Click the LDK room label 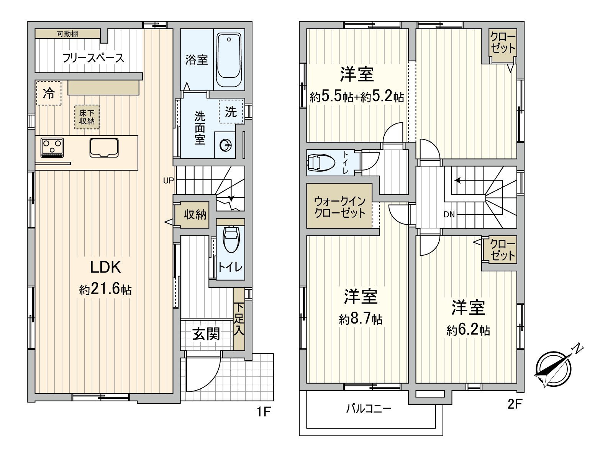tap(105, 267)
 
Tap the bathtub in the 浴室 tap(229, 59)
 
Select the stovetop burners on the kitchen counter tap(52, 148)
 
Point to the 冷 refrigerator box tap(48, 93)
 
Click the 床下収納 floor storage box tap(87, 117)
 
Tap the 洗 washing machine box tap(231, 112)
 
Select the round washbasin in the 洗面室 tap(226, 145)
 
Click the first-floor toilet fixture tap(231, 240)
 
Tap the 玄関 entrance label tap(207, 334)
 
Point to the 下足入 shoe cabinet tap(239, 319)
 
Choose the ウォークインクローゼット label tap(339, 207)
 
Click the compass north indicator tap(577, 349)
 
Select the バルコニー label tap(369, 409)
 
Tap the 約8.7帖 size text tap(361, 319)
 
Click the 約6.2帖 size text tap(468, 330)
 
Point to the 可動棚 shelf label tap(67, 34)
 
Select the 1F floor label tap(264, 412)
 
